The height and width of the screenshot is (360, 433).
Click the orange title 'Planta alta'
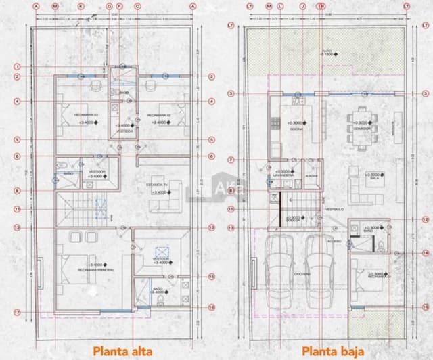122,351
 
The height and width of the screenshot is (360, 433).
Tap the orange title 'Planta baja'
329,351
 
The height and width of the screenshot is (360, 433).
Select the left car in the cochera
278,271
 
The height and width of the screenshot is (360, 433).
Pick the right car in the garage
318,271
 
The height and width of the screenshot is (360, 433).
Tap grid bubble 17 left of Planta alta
17,311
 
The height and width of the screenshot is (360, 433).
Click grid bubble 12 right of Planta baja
425,219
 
